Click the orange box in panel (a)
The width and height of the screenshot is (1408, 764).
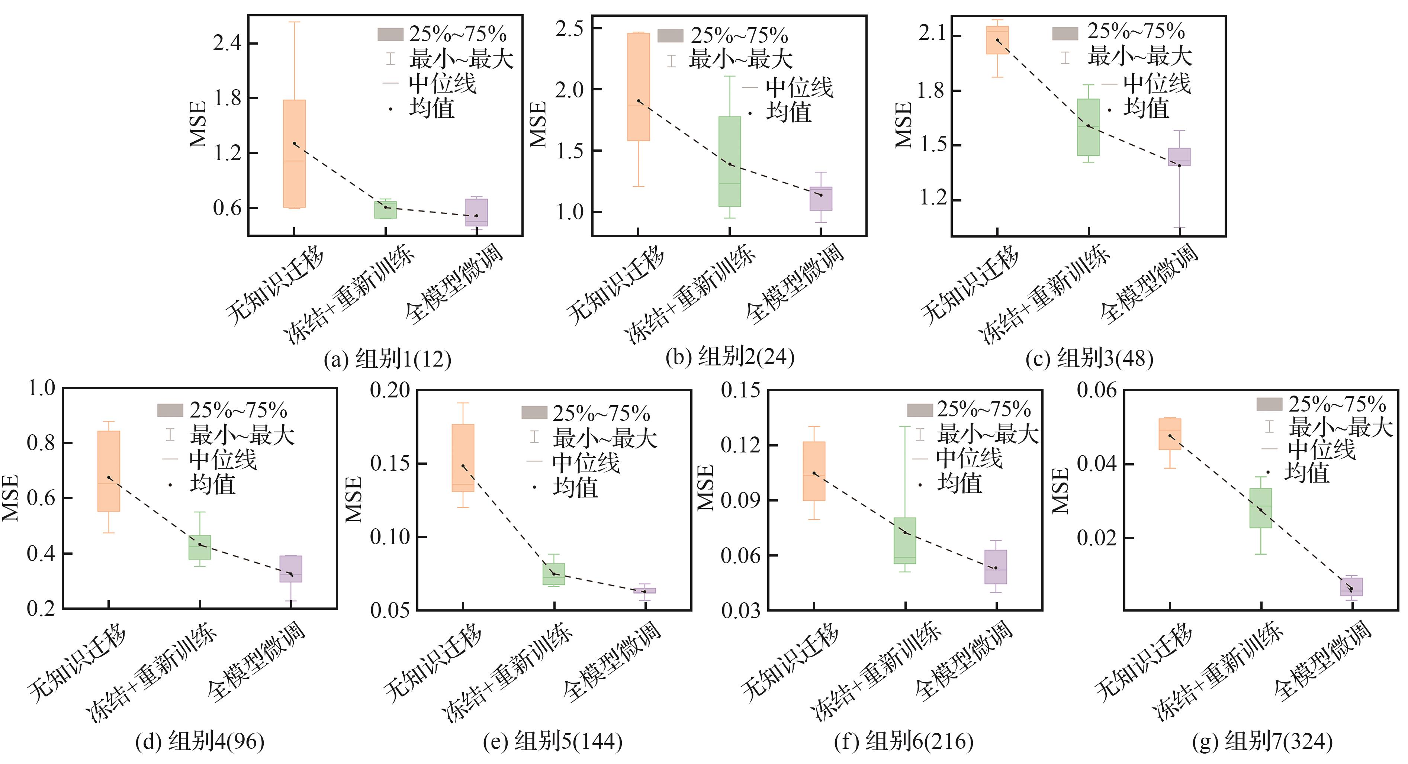coord(294,154)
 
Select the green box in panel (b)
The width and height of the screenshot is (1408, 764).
coord(730,161)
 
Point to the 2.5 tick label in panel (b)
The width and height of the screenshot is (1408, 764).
coord(569,28)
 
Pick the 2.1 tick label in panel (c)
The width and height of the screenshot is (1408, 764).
coord(932,34)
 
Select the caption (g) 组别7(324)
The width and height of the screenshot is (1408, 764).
coord(1262,742)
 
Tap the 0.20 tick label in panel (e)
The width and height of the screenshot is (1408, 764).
coord(390,390)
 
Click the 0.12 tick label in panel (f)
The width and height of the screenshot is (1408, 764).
coord(740,445)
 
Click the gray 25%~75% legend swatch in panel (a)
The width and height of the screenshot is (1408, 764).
coord(390,35)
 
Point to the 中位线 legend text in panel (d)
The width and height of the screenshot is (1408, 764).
coord(223,460)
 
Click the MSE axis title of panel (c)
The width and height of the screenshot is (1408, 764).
coord(904,125)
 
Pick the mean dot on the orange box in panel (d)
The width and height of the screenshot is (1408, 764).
coord(109,478)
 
